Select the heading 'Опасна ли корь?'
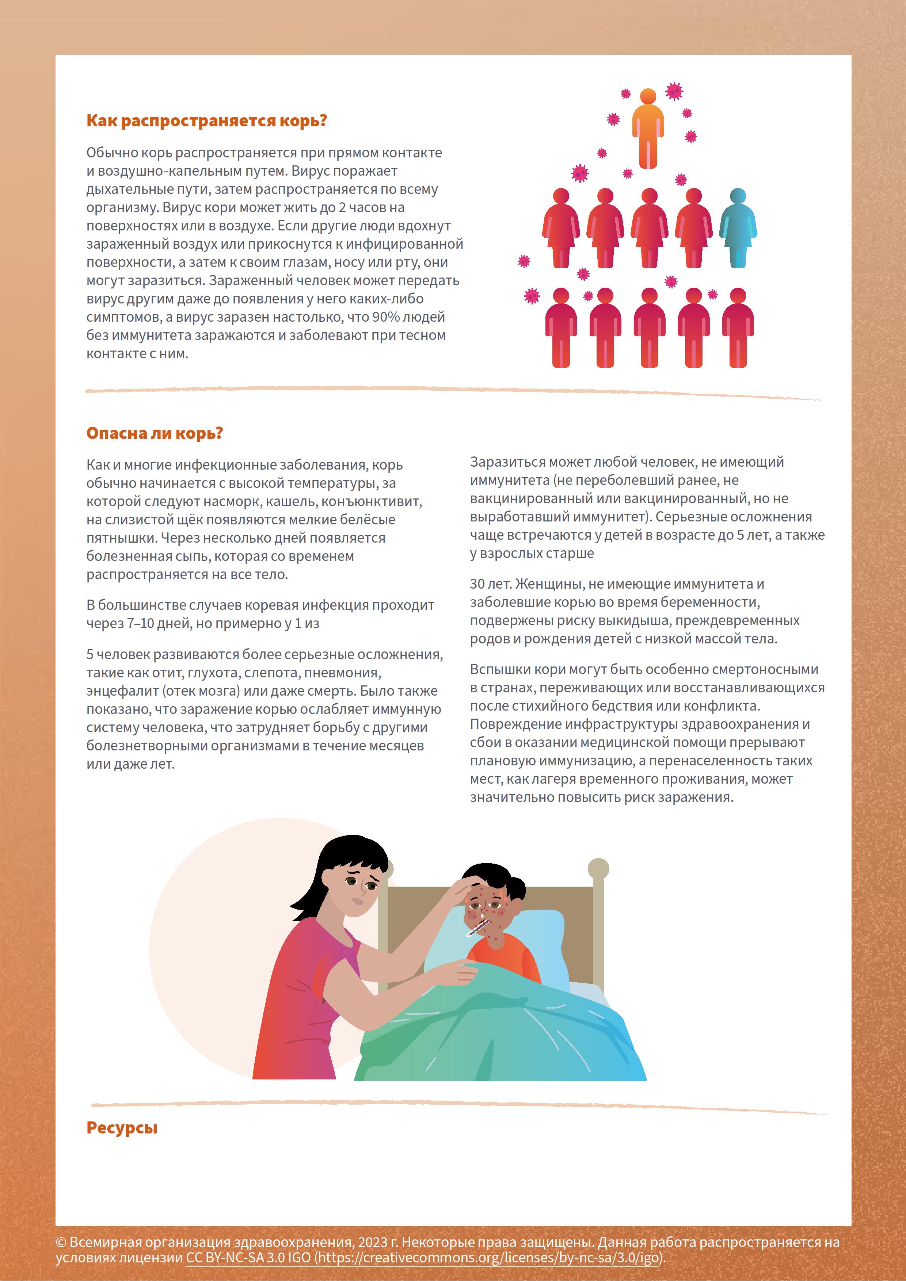click(x=155, y=433)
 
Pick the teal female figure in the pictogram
click(x=738, y=227)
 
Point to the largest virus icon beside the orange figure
click(x=674, y=91)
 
